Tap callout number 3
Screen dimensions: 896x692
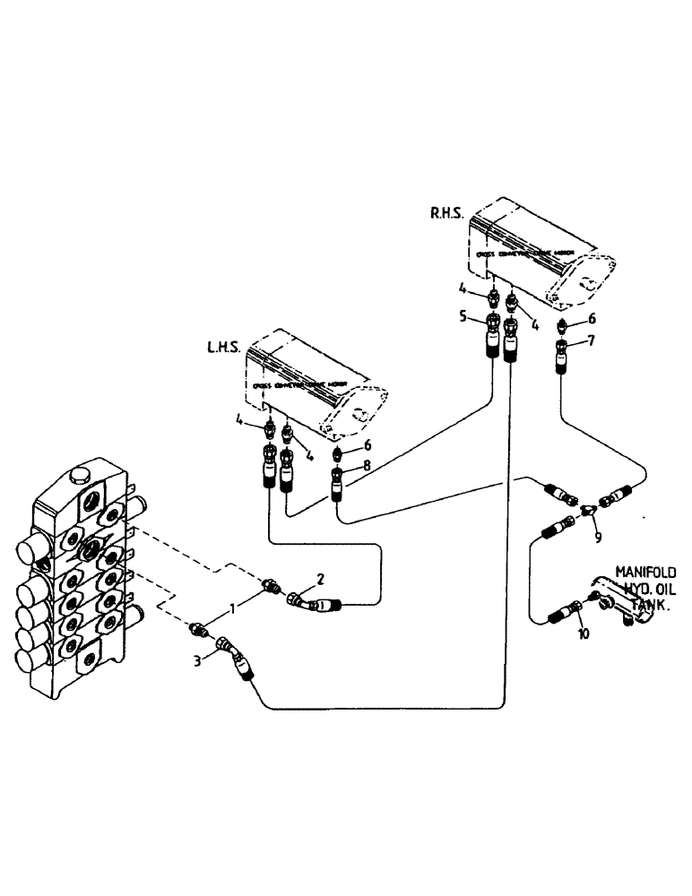[x=198, y=660]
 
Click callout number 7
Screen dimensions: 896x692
[x=592, y=340]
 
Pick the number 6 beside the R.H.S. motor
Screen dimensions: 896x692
[x=593, y=317]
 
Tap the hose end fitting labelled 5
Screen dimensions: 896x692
[x=494, y=336]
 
